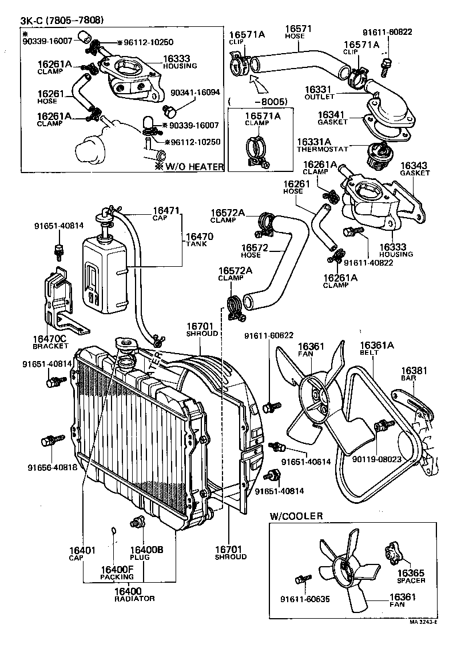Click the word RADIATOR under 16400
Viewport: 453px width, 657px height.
[x=134, y=598]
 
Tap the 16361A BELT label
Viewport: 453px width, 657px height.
[x=376, y=348]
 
